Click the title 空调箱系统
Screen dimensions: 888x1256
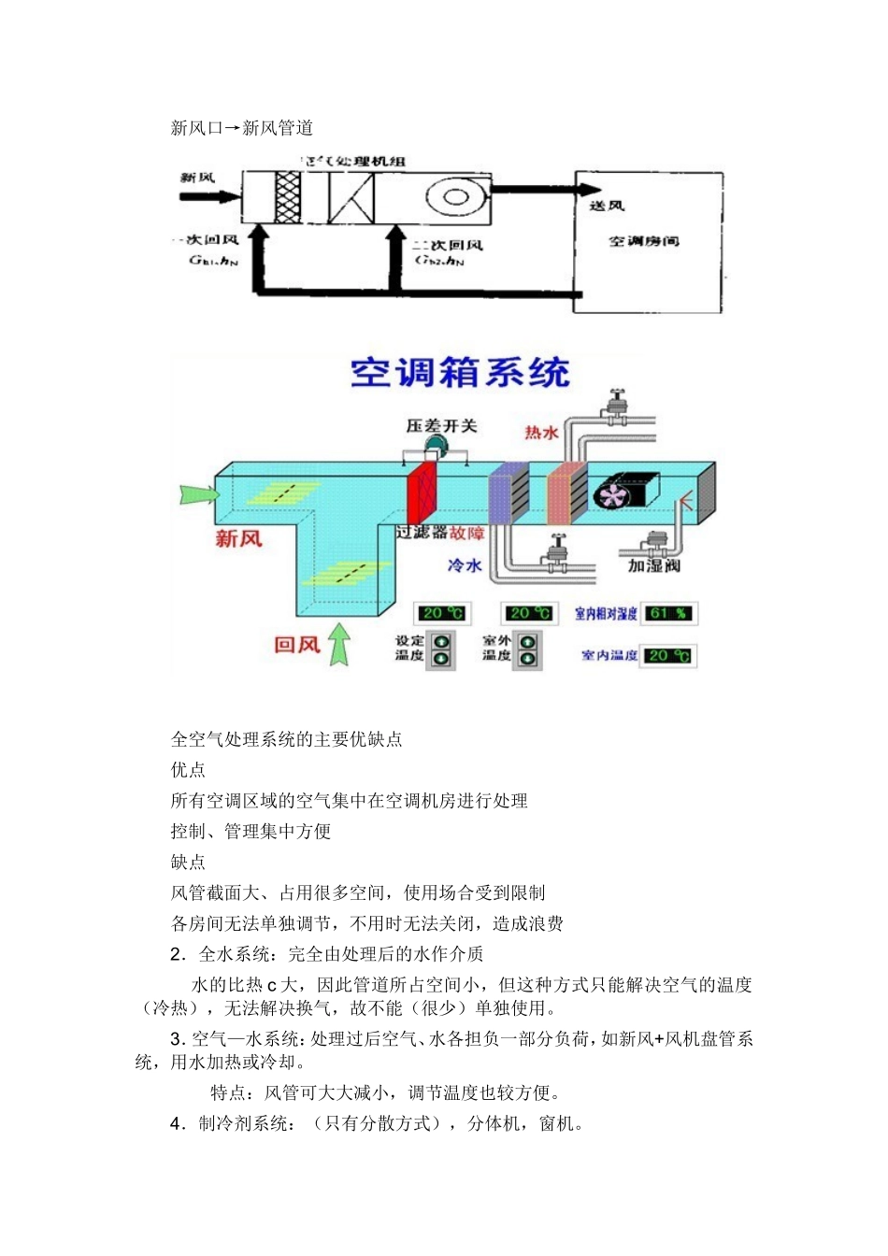pos(460,373)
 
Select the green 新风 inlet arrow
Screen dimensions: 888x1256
pos(198,492)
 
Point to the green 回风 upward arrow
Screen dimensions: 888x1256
pos(339,645)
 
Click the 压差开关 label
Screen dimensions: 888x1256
pos(441,426)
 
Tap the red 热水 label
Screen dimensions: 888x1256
pos(541,432)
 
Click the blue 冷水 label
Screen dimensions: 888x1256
pos(465,565)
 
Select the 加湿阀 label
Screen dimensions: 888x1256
pos(654,565)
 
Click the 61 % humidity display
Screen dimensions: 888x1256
pos(669,613)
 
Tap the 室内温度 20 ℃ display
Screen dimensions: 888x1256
pos(668,655)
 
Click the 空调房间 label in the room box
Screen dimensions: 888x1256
pos(644,241)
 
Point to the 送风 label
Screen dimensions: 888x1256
pos(607,205)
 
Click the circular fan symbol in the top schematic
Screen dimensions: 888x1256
pos(456,196)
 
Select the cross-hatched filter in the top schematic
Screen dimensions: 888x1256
pos(288,197)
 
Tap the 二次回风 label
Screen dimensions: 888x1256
pos(448,245)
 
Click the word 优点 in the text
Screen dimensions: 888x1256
pos(188,770)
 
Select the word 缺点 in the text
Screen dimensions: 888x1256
pos(188,862)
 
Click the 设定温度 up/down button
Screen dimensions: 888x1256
pos(441,649)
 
